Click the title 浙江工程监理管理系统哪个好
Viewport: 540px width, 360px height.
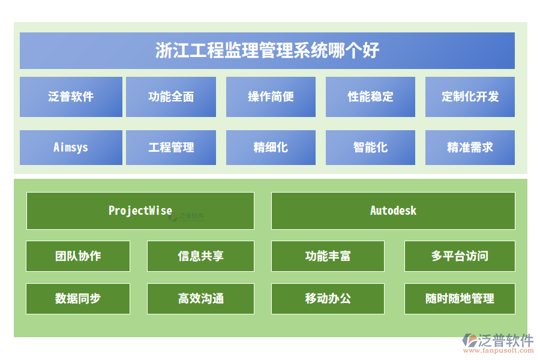[267, 50]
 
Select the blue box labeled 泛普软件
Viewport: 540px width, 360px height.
[71, 97]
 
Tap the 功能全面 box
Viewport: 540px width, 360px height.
[171, 97]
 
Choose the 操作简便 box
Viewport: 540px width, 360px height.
[271, 97]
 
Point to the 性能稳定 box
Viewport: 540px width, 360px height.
[370, 97]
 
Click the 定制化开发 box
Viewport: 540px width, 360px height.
[470, 97]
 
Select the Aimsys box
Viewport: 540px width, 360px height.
[71, 148]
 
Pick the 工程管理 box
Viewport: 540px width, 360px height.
[171, 148]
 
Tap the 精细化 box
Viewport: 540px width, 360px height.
[271, 148]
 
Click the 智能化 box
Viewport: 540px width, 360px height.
[370, 148]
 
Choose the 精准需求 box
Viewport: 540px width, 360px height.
[470, 148]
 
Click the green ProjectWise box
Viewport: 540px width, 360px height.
[140, 211]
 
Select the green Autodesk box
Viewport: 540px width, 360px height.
[393, 211]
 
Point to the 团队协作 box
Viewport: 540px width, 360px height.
[78, 256]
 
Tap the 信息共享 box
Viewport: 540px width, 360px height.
[201, 256]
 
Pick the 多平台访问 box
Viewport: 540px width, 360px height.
[460, 256]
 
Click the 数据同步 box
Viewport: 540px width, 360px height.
[78, 299]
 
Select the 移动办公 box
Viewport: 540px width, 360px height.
[328, 299]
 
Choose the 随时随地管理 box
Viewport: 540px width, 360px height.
[460, 299]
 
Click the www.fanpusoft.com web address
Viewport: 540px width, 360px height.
[499, 350]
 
